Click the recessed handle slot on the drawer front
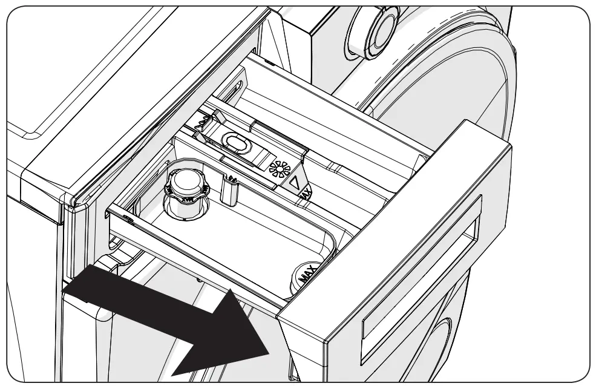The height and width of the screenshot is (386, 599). pyautogui.click(x=417, y=266)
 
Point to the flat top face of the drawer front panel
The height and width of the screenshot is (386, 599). pyautogui.click(x=387, y=182)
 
